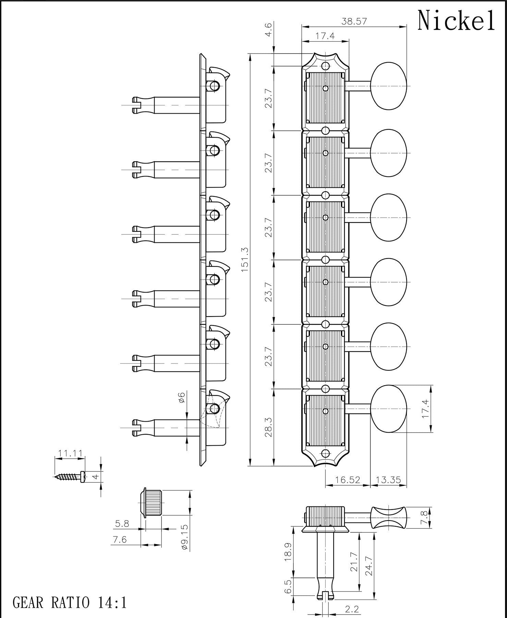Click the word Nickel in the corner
(x=456, y=21)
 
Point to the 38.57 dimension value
(x=354, y=21)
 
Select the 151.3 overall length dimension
(x=245, y=260)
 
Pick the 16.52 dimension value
(x=348, y=480)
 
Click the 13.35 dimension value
(x=388, y=480)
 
